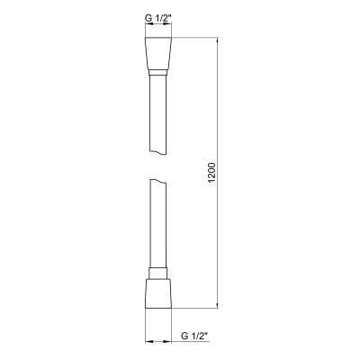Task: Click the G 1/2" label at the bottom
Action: (x=191, y=337)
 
